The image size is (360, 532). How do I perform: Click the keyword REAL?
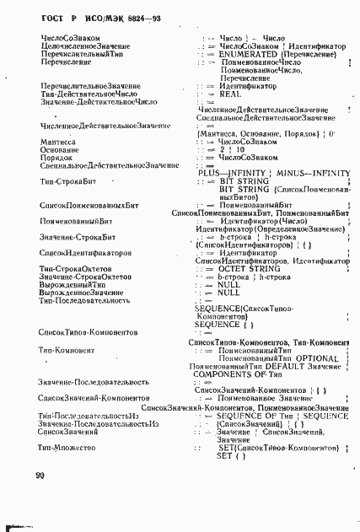[230, 94]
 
